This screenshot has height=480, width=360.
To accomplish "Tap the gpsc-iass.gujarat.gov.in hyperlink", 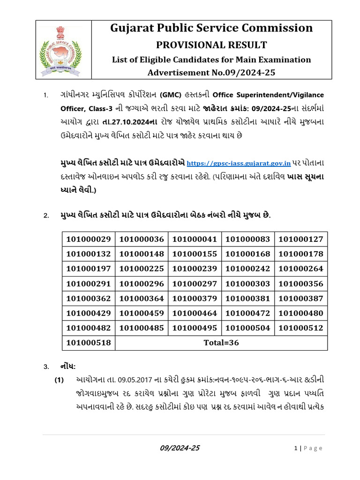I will (x=239, y=164).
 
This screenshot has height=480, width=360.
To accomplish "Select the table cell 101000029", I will (x=89, y=239).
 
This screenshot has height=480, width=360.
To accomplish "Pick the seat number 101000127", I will (x=301, y=239).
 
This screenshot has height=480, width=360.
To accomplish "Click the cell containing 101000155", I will (x=195, y=254).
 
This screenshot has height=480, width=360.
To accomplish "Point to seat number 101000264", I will (x=301, y=269).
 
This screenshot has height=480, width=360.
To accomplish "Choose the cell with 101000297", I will (x=195, y=284).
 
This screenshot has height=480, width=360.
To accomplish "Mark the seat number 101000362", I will (x=89, y=298).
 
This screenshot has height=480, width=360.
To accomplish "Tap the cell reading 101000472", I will (x=248, y=313).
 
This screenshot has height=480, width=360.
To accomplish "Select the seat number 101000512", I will (x=301, y=328).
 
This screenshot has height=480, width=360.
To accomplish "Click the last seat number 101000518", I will (x=89, y=343).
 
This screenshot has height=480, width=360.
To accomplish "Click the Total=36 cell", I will (x=221, y=343).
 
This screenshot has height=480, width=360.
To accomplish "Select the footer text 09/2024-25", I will (x=180, y=448).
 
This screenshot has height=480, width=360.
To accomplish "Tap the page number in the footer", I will (x=296, y=449).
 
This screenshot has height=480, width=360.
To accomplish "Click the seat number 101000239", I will (x=195, y=269).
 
